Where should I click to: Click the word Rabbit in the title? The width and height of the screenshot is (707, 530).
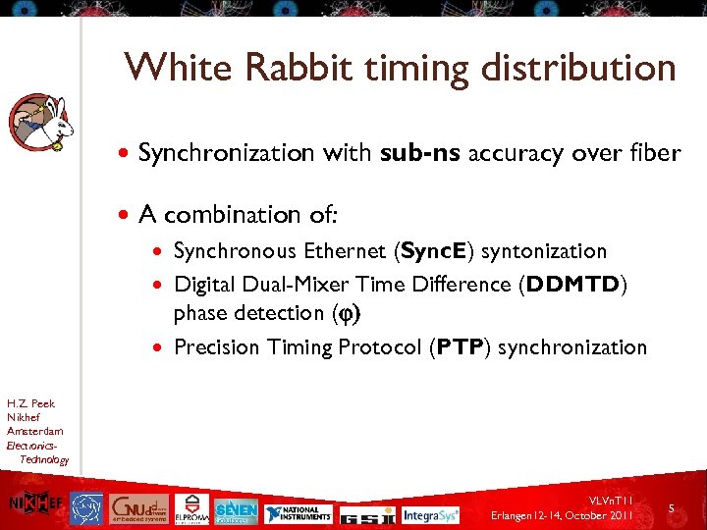pos(299,68)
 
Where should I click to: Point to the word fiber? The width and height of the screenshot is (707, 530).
pos(653,152)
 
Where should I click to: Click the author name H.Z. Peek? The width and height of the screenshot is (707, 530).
pos(30,403)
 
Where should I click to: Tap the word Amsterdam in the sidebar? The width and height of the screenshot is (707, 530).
pos(34,431)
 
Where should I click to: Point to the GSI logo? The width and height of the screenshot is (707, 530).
pos(376,513)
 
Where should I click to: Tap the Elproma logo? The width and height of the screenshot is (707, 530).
pos(191,506)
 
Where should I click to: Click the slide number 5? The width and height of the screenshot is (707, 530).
pos(671,508)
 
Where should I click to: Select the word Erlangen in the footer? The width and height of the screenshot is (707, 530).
pos(518,516)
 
